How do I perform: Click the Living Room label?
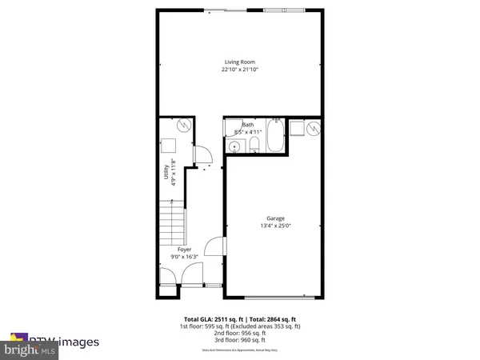tap(240, 62)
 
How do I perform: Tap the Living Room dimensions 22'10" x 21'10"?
tap(240, 70)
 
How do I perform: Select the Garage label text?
tap(275, 218)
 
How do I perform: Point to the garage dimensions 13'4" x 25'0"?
tap(275, 226)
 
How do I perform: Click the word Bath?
tap(249, 125)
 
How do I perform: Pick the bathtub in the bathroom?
tap(274, 135)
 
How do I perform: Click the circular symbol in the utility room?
tap(182, 126)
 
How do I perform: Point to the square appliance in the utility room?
tap(170, 145)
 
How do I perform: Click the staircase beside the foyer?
tap(171, 224)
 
